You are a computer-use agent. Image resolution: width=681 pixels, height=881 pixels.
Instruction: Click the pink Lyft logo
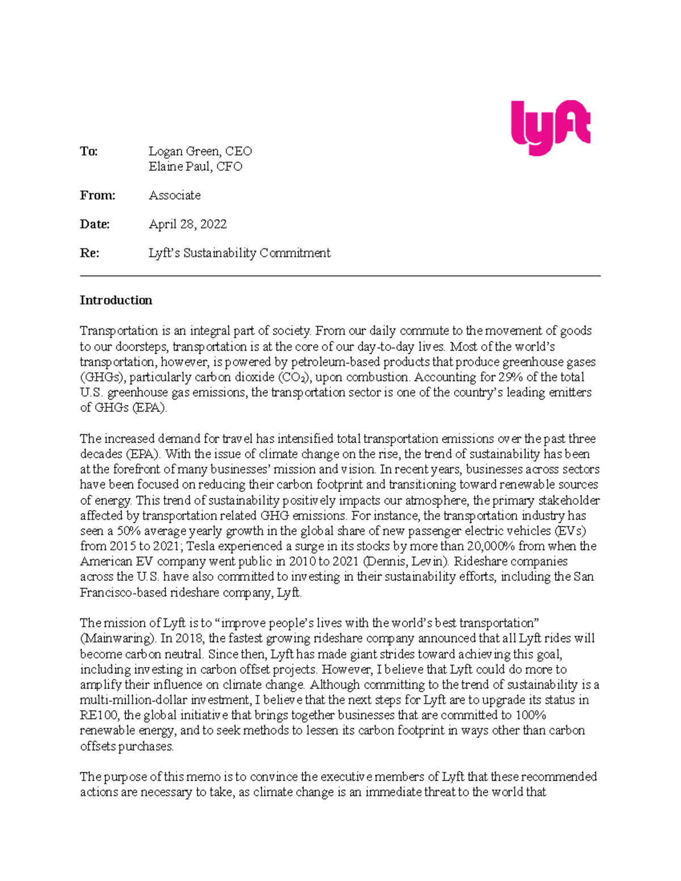tap(550, 127)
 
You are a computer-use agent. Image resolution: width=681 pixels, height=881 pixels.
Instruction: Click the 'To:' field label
tap(89, 151)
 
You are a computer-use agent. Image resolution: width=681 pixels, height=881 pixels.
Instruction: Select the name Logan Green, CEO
tap(200, 151)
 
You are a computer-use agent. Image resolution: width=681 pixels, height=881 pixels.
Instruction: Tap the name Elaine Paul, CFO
tap(195, 167)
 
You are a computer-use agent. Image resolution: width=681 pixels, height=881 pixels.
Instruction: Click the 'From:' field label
tap(97, 196)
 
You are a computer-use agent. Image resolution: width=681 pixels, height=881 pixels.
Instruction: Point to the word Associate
tap(174, 196)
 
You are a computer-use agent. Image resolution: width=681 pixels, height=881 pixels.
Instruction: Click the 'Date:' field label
tap(94, 225)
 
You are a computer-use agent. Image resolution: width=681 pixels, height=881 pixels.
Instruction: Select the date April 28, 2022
tap(187, 225)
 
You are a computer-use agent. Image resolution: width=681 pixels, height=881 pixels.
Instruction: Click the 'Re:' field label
tap(89, 254)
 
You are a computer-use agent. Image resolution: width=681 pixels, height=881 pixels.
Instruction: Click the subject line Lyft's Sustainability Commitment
tap(239, 254)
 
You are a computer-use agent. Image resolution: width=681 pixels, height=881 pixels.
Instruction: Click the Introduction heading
tap(116, 301)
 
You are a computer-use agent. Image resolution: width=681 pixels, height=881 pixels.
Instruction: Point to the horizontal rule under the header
tap(340, 276)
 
